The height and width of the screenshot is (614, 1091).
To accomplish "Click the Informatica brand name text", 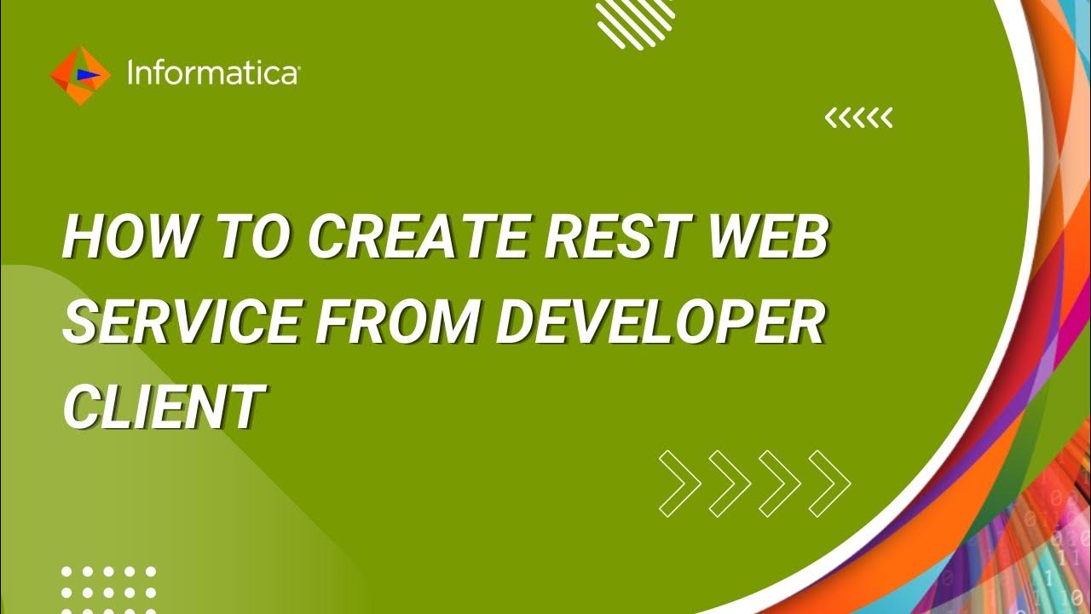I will [212, 74].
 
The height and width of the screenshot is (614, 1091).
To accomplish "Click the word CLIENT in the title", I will [161, 407].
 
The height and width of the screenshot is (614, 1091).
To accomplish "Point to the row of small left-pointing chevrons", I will [858, 119].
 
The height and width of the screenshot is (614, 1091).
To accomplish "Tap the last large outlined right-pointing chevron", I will [829, 484].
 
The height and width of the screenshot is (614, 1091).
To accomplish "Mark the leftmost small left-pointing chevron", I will [831, 119].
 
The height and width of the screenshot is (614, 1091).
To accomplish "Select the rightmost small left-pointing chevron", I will [886, 119].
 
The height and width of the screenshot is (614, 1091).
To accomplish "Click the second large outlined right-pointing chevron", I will [730, 484].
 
